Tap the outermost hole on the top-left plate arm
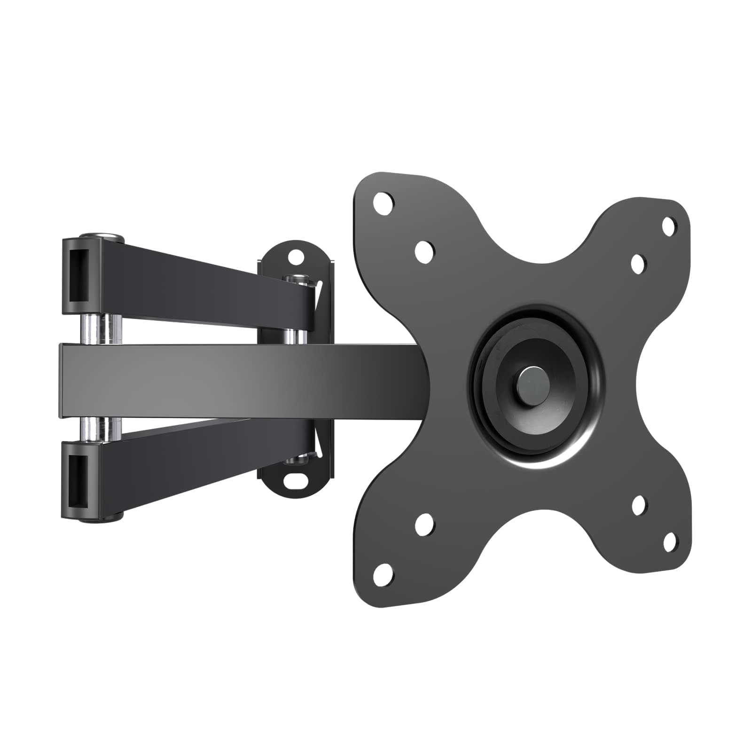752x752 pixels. pos(383,202)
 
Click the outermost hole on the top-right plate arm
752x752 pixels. pos(669,226)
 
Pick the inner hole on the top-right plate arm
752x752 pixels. pos(638,264)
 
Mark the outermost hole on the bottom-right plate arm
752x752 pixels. pos(670,542)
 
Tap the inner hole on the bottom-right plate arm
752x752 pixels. pos(639,506)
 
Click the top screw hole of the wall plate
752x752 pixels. pos(296,257)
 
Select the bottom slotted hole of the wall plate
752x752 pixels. pos(296,481)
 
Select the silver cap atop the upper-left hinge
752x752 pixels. pos(101,235)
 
